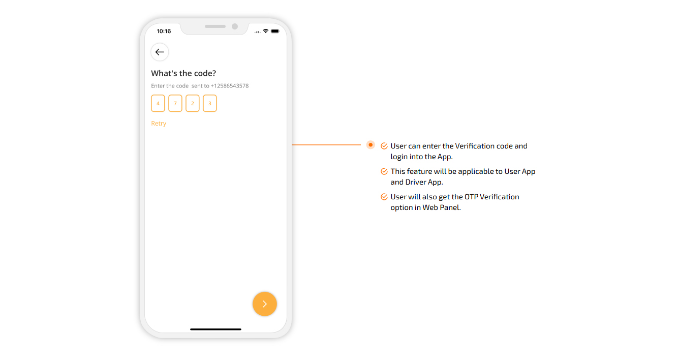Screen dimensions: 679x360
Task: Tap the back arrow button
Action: click(x=160, y=52)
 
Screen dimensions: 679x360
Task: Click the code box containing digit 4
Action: click(x=158, y=103)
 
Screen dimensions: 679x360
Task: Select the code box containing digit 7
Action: click(x=175, y=103)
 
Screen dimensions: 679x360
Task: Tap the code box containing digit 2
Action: click(x=193, y=103)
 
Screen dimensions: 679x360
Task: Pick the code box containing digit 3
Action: click(x=210, y=103)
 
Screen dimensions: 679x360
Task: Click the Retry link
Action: click(x=159, y=124)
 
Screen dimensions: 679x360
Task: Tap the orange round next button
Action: click(x=265, y=304)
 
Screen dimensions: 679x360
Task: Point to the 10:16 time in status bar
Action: click(x=164, y=31)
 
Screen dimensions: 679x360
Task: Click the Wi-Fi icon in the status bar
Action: click(x=265, y=31)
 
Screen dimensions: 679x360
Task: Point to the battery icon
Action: click(x=275, y=31)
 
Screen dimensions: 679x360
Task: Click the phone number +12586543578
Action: click(x=229, y=86)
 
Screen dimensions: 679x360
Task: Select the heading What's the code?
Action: click(x=183, y=73)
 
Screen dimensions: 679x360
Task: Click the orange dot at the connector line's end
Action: click(x=371, y=145)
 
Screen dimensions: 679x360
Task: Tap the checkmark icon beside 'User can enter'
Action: click(x=384, y=146)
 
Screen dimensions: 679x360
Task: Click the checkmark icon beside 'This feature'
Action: click(x=384, y=171)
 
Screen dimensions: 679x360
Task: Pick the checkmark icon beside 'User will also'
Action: click(x=384, y=197)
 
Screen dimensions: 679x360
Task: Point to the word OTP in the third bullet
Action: click(x=471, y=197)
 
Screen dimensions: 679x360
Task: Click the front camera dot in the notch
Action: click(x=235, y=26)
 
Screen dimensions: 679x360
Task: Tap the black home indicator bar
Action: click(x=215, y=329)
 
